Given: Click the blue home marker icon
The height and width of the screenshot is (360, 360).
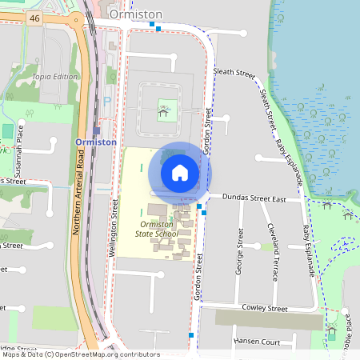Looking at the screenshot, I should [x=180, y=173].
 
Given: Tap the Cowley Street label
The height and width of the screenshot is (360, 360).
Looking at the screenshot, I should [x=266, y=308].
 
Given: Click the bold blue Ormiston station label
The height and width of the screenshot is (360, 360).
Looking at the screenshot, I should [x=96, y=142].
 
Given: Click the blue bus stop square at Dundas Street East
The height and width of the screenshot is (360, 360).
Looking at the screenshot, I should [x=198, y=206].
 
